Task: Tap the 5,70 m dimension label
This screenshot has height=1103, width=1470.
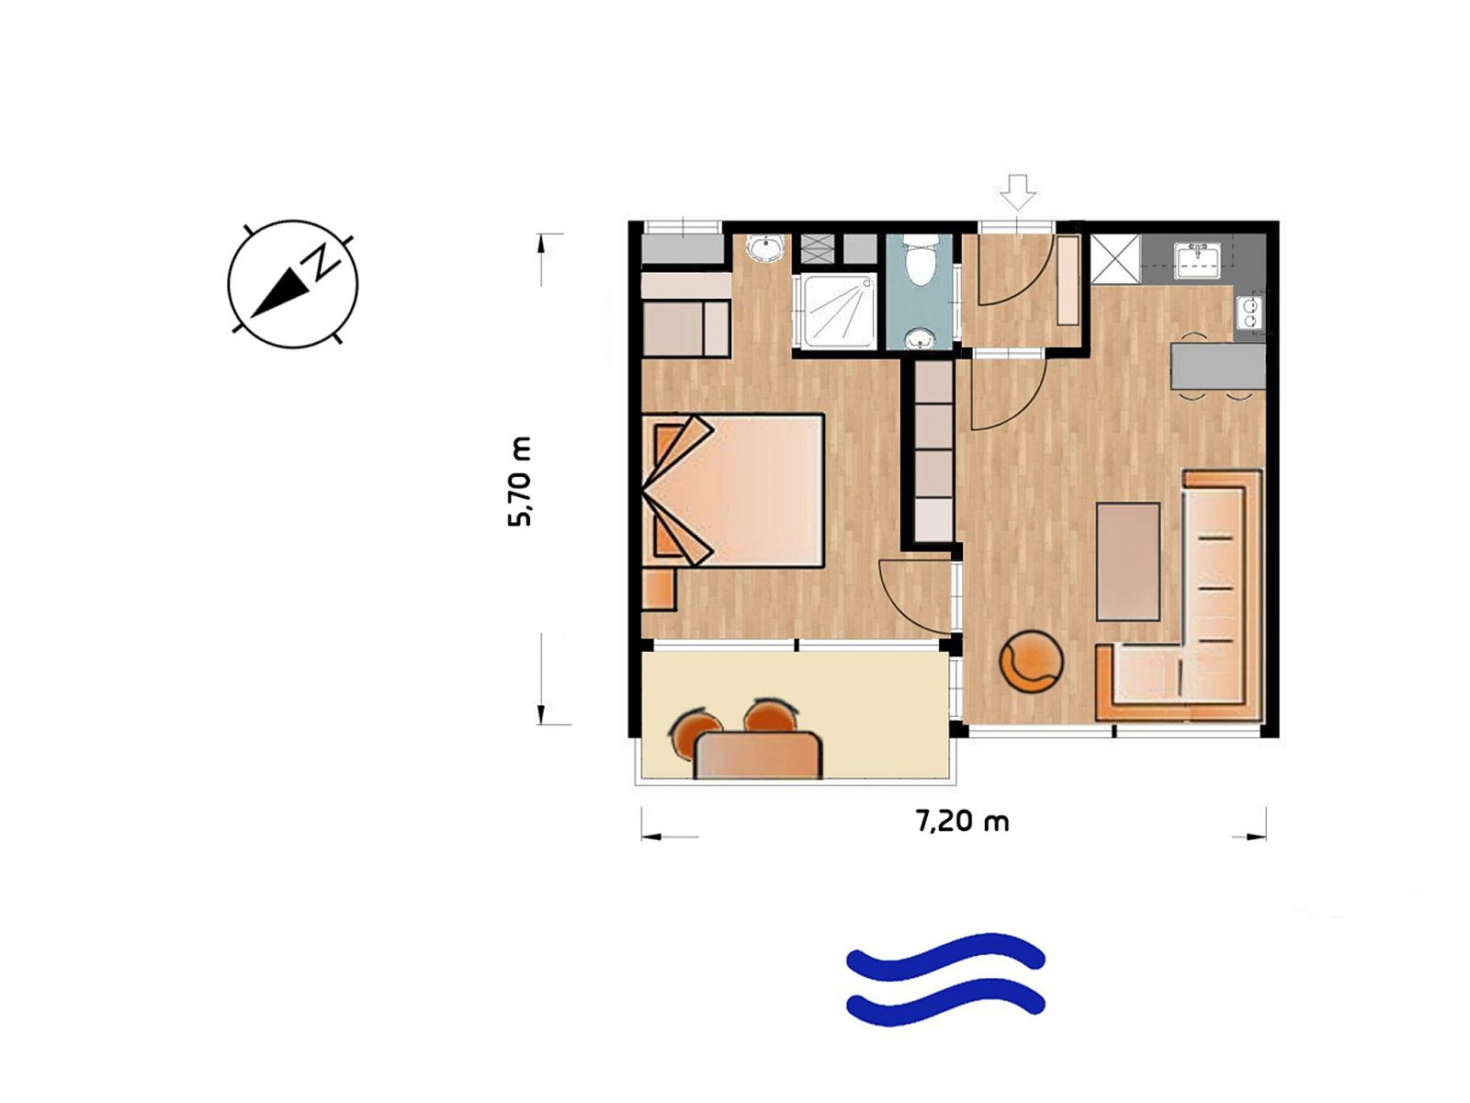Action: pyautogui.click(x=519, y=482)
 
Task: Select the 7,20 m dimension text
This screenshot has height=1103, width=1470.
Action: pyautogui.click(x=962, y=821)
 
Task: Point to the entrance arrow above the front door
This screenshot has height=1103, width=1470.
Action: pyautogui.click(x=1018, y=192)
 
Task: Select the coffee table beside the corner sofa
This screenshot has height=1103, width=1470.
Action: pyautogui.click(x=1128, y=562)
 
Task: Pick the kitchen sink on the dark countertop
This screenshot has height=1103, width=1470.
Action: pyautogui.click(x=1197, y=260)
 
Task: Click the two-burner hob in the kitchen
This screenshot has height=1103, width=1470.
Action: pyautogui.click(x=1249, y=313)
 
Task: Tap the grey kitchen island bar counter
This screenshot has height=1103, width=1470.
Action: pyautogui.click(x=1217, y=366)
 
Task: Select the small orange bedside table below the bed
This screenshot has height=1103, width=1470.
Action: pyautogui.click(x=659, y=589)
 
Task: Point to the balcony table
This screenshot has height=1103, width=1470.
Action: pyautogui.click(x=758, y=755)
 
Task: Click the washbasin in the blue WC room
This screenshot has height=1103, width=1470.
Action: pyautogui.click(x=919, y=339)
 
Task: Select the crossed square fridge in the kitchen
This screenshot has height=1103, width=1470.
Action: pyautogui.click(x=1115, y=258)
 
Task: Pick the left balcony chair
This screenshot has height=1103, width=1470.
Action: pyautogui.click(x=695, y=730)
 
